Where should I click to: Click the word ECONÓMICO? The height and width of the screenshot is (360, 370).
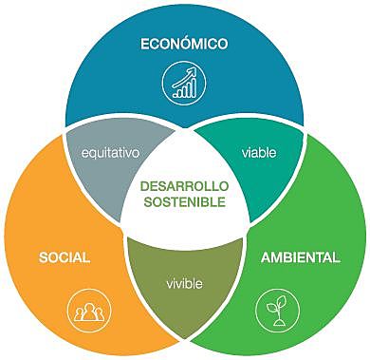[x=185, y=45]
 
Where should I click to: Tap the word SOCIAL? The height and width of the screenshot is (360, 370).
[x=65, y=257]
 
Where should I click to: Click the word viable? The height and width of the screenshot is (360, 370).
[x=258, y=151]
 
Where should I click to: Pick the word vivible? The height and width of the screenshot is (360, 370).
[x=184, y=283]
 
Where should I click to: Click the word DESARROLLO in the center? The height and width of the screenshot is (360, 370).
[x=185, y=186]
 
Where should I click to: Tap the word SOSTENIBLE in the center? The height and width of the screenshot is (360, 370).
[x=185, y=203]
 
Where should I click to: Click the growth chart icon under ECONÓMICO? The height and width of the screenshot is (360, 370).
[x=184, y=83]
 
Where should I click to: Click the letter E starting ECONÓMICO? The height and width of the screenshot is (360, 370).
[x=144, y=45]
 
